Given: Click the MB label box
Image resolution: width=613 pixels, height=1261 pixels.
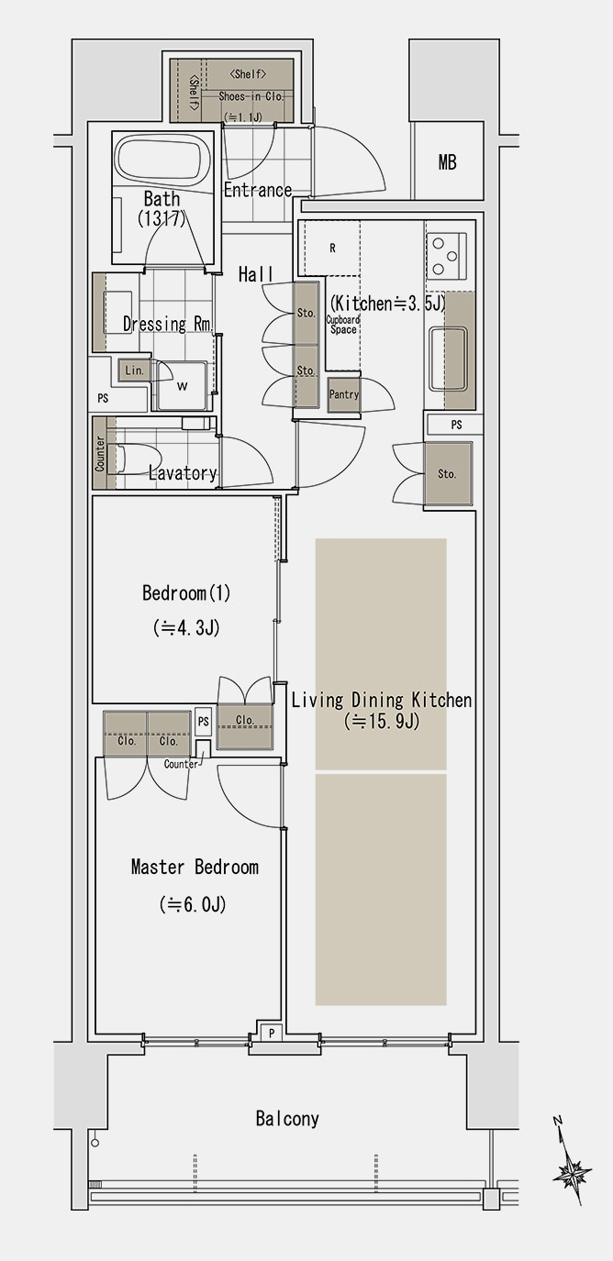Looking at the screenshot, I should (x=447, y=162).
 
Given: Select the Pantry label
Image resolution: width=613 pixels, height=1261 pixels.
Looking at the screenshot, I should (x=345, y=395).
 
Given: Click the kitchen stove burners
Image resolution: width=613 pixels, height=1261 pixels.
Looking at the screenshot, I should (x=447, y=256).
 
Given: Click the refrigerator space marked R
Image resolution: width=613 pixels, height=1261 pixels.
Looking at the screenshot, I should (x=331, y=248).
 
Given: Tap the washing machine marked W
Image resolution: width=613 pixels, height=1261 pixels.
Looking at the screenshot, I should (x=182, y=386).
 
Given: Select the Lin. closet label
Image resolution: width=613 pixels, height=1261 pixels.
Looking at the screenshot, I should (x=134, y=371).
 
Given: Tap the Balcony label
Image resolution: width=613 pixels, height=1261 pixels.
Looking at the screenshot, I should (x=287, y=1118).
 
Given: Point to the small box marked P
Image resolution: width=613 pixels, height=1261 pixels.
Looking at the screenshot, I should (x=271, y=1032).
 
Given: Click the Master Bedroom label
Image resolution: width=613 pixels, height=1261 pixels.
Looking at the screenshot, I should (x=195, y=867).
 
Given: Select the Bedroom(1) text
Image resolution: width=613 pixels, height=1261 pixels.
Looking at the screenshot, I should (x=186, y=593).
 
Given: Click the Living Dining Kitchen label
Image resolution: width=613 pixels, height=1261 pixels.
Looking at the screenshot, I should (x=381, y=701).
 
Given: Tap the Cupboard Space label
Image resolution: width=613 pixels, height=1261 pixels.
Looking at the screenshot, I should (x=343, y=325).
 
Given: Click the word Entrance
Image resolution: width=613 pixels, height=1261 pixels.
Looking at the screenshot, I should (x=258, y=190).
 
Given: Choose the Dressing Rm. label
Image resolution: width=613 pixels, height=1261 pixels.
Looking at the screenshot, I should (x=168, y=324).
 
